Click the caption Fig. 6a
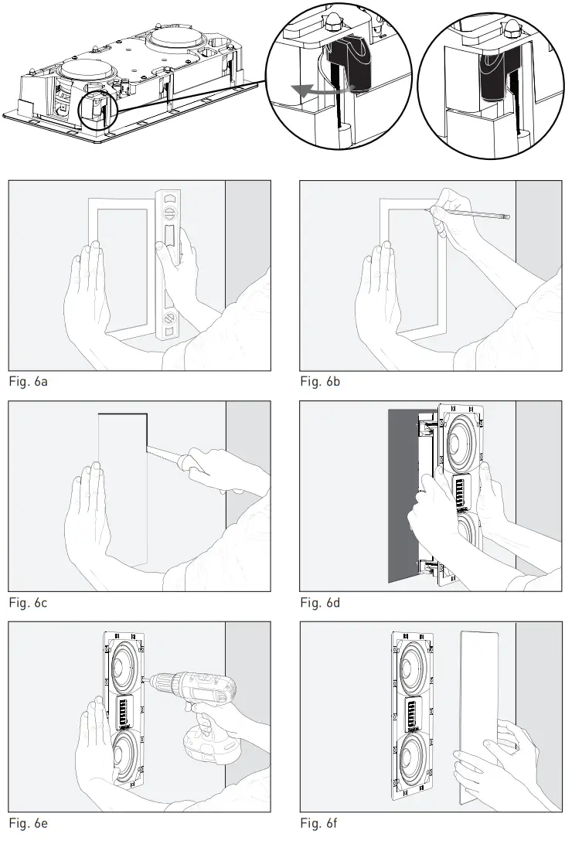pos(27,383)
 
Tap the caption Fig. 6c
pos(27,603)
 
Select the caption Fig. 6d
pos(319,603)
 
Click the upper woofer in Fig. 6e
pos(123,665)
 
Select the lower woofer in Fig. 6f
pos(413,757)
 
